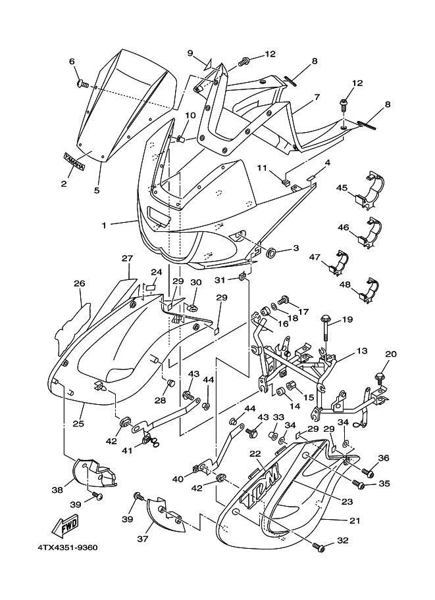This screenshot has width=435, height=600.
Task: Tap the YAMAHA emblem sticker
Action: (x=74, y=161)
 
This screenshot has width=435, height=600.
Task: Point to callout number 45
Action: (x=342, y=188)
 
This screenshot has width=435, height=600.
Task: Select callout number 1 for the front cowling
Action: (x=104, y=225)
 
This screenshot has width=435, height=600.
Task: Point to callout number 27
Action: (x=127, y=259)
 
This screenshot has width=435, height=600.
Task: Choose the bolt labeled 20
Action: (x=380, y=377)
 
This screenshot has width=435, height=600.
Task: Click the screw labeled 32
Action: (x=319, y=547)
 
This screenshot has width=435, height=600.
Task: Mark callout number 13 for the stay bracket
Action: (x=361, y=350)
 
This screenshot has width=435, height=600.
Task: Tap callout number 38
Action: (x=57, y=490)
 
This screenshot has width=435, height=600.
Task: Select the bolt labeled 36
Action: (x=369, y=474)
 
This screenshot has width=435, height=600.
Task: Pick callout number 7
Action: (x=317, y=97)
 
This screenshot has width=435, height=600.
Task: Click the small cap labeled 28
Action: (x=170, y=382)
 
